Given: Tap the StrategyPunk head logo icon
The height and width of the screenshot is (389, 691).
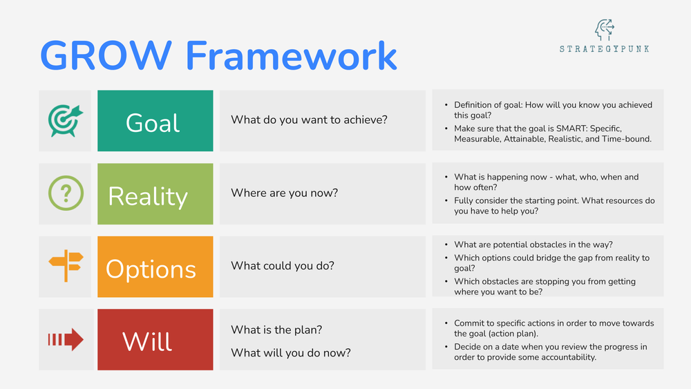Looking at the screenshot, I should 604,30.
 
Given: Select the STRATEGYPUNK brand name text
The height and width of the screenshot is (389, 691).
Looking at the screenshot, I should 604,49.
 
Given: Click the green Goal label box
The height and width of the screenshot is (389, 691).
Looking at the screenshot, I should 155,121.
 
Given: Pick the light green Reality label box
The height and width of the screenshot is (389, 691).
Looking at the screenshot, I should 155,194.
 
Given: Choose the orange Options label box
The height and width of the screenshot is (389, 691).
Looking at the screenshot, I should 155,267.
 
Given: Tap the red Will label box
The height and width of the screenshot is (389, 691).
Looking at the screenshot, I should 155,341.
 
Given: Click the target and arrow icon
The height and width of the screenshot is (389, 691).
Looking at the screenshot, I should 65,121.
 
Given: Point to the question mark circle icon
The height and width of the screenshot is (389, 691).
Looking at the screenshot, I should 65,193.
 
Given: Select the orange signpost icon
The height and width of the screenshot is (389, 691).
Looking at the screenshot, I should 65,267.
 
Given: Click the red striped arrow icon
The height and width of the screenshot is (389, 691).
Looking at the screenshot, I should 65,340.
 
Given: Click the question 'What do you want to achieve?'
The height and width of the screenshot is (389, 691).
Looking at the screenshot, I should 309,120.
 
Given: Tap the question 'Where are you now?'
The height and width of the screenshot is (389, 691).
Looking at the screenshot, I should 284,193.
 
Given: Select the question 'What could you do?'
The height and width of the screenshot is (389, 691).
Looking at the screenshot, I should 282,266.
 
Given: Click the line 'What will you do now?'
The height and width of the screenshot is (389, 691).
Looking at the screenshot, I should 290,353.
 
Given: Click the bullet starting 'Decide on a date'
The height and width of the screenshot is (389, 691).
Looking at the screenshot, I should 550,352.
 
